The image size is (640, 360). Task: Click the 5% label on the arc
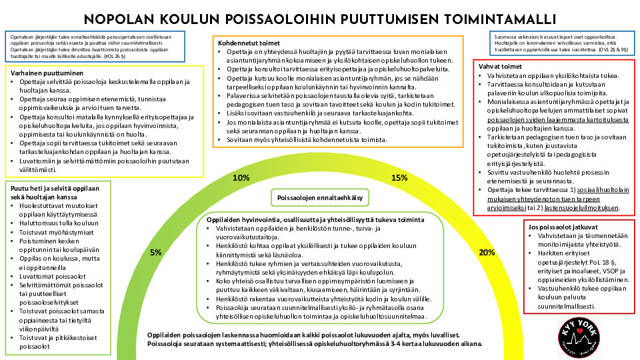point(156,253)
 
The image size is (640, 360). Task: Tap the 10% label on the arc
point(241,178)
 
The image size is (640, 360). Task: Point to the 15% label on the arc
point(399,178)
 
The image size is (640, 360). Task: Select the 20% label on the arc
point(487,253)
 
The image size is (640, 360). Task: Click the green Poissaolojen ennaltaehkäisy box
point(319,198)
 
